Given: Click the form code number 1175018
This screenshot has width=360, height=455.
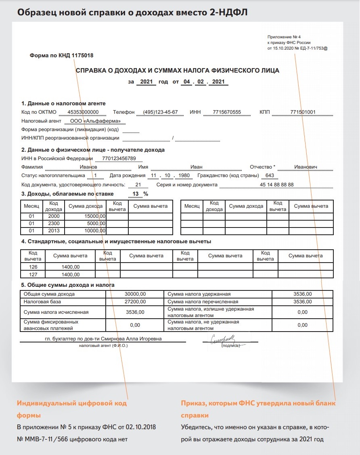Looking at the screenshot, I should coord(85,56).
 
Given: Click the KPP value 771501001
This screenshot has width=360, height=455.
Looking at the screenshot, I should coord(303,112).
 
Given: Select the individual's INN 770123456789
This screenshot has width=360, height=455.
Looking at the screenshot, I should coord(119,158).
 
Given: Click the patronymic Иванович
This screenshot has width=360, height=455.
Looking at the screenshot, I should coord(306,167).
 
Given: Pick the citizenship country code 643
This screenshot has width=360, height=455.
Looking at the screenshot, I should coord(269,175).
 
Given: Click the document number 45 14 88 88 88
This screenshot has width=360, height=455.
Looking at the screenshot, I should coord(277,185).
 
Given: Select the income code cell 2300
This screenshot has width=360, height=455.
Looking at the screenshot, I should coord(54,223).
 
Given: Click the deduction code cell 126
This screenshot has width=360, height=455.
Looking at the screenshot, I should coord(33,267).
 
